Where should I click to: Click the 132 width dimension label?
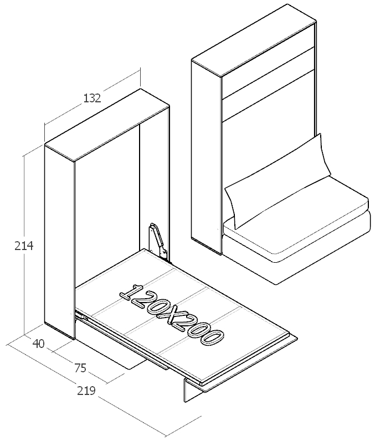pos(92,98)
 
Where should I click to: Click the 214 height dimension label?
pos(24,246)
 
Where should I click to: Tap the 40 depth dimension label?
pos(38,344)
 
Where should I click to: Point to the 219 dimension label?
pos(86,391)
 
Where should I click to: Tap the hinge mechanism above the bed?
pos(157,241)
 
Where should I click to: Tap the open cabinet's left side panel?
pos(58,243)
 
